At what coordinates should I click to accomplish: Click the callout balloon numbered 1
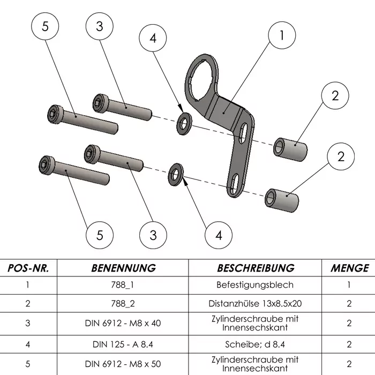point(281,35)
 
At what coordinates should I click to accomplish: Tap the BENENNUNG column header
point(123,268)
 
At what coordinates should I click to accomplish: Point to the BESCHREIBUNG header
point(256,268)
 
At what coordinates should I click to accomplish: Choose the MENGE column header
point(349,268)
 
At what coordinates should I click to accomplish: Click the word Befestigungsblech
point(255,285)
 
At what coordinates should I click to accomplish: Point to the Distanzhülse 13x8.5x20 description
point(255,303)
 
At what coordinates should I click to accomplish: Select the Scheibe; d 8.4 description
point(255,343)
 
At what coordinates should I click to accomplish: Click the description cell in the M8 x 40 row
point(255,323)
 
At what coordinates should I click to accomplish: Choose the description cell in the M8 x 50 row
point(255,364)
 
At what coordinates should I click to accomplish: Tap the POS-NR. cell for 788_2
point(27,303)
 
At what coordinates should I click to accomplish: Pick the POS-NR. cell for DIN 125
point(27,343)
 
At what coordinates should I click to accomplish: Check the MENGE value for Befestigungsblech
point(349,285)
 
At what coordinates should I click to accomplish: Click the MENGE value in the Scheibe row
point(349,343)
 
